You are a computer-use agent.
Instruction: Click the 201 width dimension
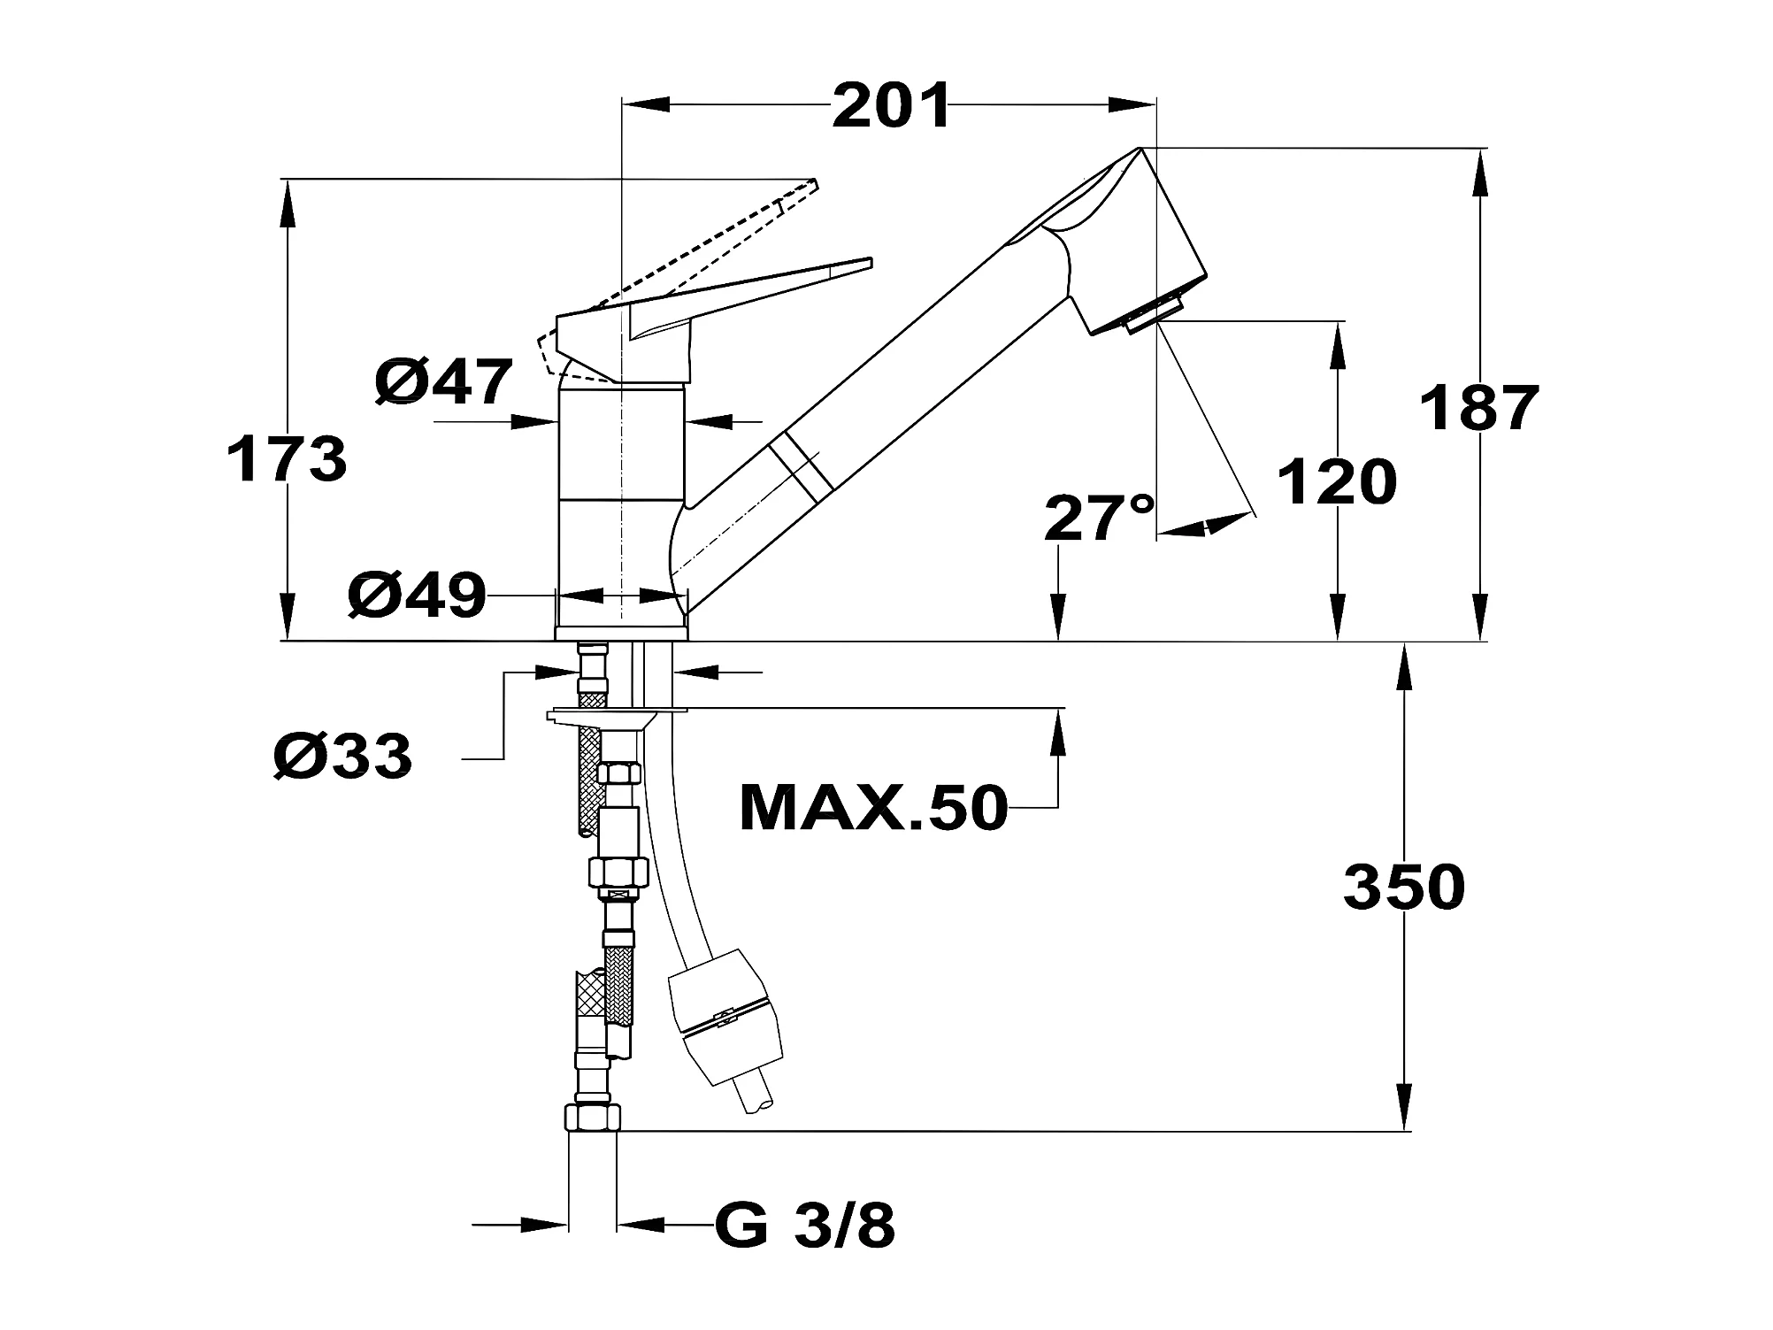coord(891,106)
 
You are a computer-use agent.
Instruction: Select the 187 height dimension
coord(1479,408)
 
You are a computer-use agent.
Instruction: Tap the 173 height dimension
coord(287,459)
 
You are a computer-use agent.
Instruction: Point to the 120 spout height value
coord(1337,482)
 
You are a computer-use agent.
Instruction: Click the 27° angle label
coord(1100,518)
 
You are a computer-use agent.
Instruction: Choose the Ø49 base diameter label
coord(418,595)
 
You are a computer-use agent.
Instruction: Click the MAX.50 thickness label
coord(873,807)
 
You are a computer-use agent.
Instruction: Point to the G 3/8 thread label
coord(805,1226)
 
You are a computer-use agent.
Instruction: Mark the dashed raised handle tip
coord(816,182)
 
